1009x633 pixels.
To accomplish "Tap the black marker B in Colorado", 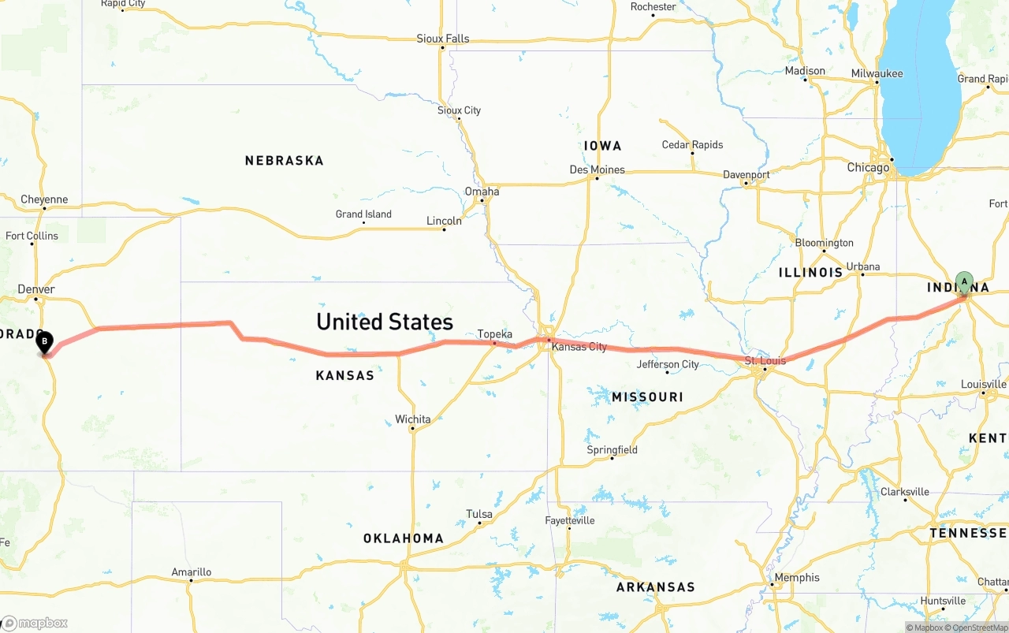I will (45, 342).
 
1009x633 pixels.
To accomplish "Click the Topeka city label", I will (495, 334).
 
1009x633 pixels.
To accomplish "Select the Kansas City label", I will (579, 347).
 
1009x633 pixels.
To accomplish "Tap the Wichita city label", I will (413, 419).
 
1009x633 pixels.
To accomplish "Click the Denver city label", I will (36, 289).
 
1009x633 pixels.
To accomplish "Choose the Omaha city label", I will (482, 192).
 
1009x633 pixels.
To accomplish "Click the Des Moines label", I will (597, 169).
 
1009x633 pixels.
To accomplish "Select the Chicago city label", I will (868, 167).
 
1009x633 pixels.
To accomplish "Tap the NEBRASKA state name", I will (284, 161).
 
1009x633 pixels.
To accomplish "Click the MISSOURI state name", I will (647, 397).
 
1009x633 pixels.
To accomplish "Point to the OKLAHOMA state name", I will (403, 538).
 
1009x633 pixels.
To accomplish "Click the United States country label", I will (385, 322).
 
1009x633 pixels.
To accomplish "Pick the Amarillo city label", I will (192, 572).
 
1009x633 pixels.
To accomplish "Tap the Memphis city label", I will (797, 578).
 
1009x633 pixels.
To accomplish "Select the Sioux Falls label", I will (443, 39).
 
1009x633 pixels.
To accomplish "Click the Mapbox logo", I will (35, 623).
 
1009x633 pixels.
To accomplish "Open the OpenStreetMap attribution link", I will (977, 627).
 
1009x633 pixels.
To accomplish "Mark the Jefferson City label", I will (668, 364).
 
